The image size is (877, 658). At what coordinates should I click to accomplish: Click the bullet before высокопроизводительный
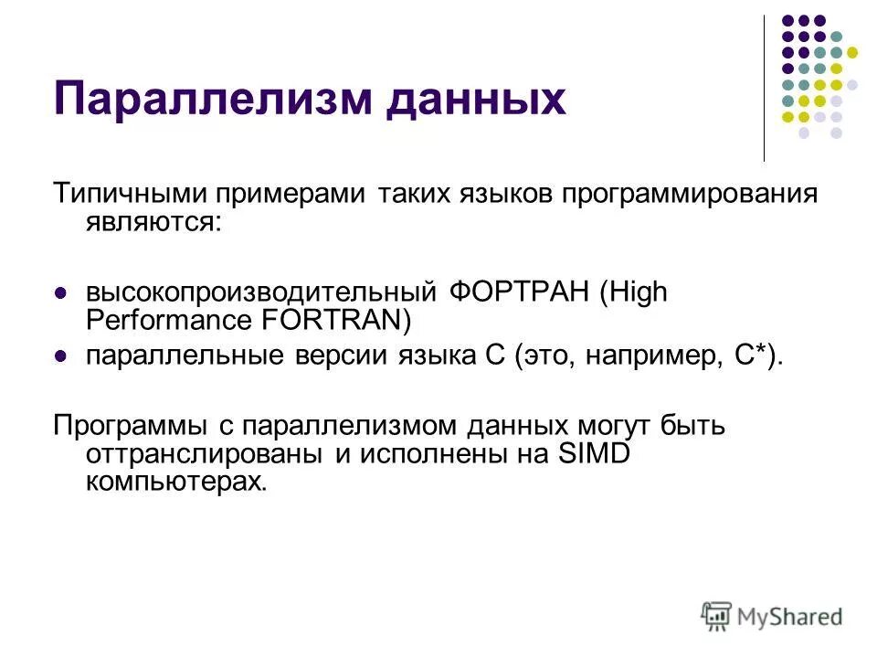point(61,294)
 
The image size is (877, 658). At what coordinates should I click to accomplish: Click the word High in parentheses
point(635,292)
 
